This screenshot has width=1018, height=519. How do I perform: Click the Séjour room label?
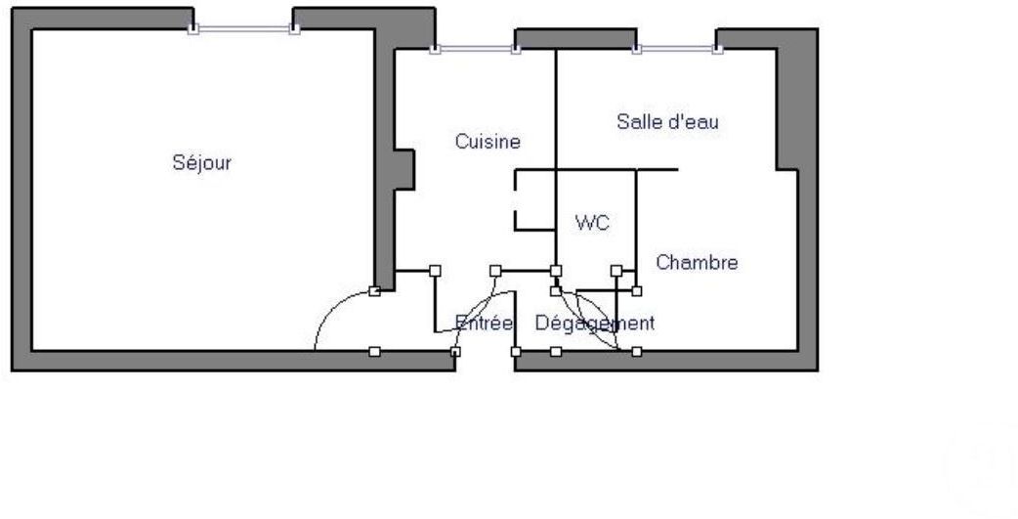coord(201,163)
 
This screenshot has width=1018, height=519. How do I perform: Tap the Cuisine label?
coord(488,142)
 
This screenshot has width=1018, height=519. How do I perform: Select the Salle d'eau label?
coord(667,121)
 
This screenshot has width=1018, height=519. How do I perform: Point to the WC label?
coord(592,223)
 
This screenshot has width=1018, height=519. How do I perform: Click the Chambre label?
coord(697,262)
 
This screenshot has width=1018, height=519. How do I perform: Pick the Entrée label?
coord(484,323)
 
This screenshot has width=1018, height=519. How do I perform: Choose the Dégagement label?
coord(595,323)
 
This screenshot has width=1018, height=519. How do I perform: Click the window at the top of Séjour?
coord(243,29)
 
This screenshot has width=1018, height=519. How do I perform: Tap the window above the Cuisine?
coord(476,49)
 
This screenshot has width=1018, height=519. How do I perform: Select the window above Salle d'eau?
coord(676,49)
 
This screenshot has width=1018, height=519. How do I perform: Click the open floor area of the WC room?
coord(596,249)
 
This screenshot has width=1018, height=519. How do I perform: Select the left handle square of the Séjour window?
coord(192,29)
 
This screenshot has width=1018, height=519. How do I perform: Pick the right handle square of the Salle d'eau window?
coord(717,49)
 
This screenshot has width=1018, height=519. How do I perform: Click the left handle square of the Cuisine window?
coord(435,49)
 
